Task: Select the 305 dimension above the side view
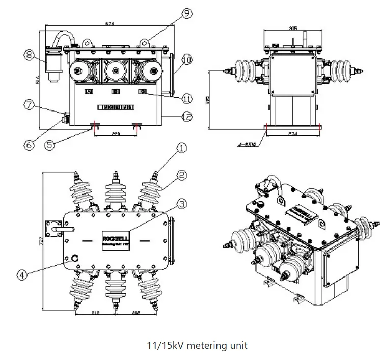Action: [292, 29]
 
